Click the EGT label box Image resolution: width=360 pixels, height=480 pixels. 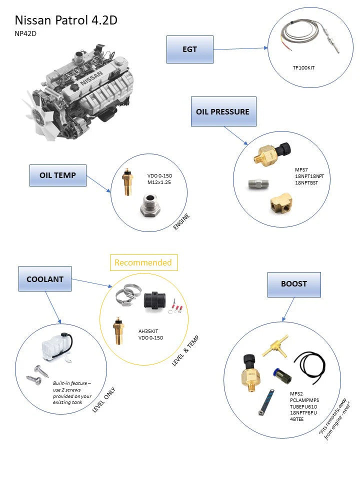click(189, 49)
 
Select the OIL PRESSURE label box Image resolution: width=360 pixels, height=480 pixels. click(223, 111)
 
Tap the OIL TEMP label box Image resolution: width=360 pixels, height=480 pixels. click(57, 175)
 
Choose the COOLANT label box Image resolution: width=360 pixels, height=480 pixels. click(44, 279)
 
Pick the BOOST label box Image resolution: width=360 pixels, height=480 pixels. click(293, 283)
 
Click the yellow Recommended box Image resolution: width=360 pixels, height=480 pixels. click(143, 262)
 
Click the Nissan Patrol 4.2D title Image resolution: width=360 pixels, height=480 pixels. click(66, 20)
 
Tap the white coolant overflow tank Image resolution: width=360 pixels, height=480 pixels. click(54, 345)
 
